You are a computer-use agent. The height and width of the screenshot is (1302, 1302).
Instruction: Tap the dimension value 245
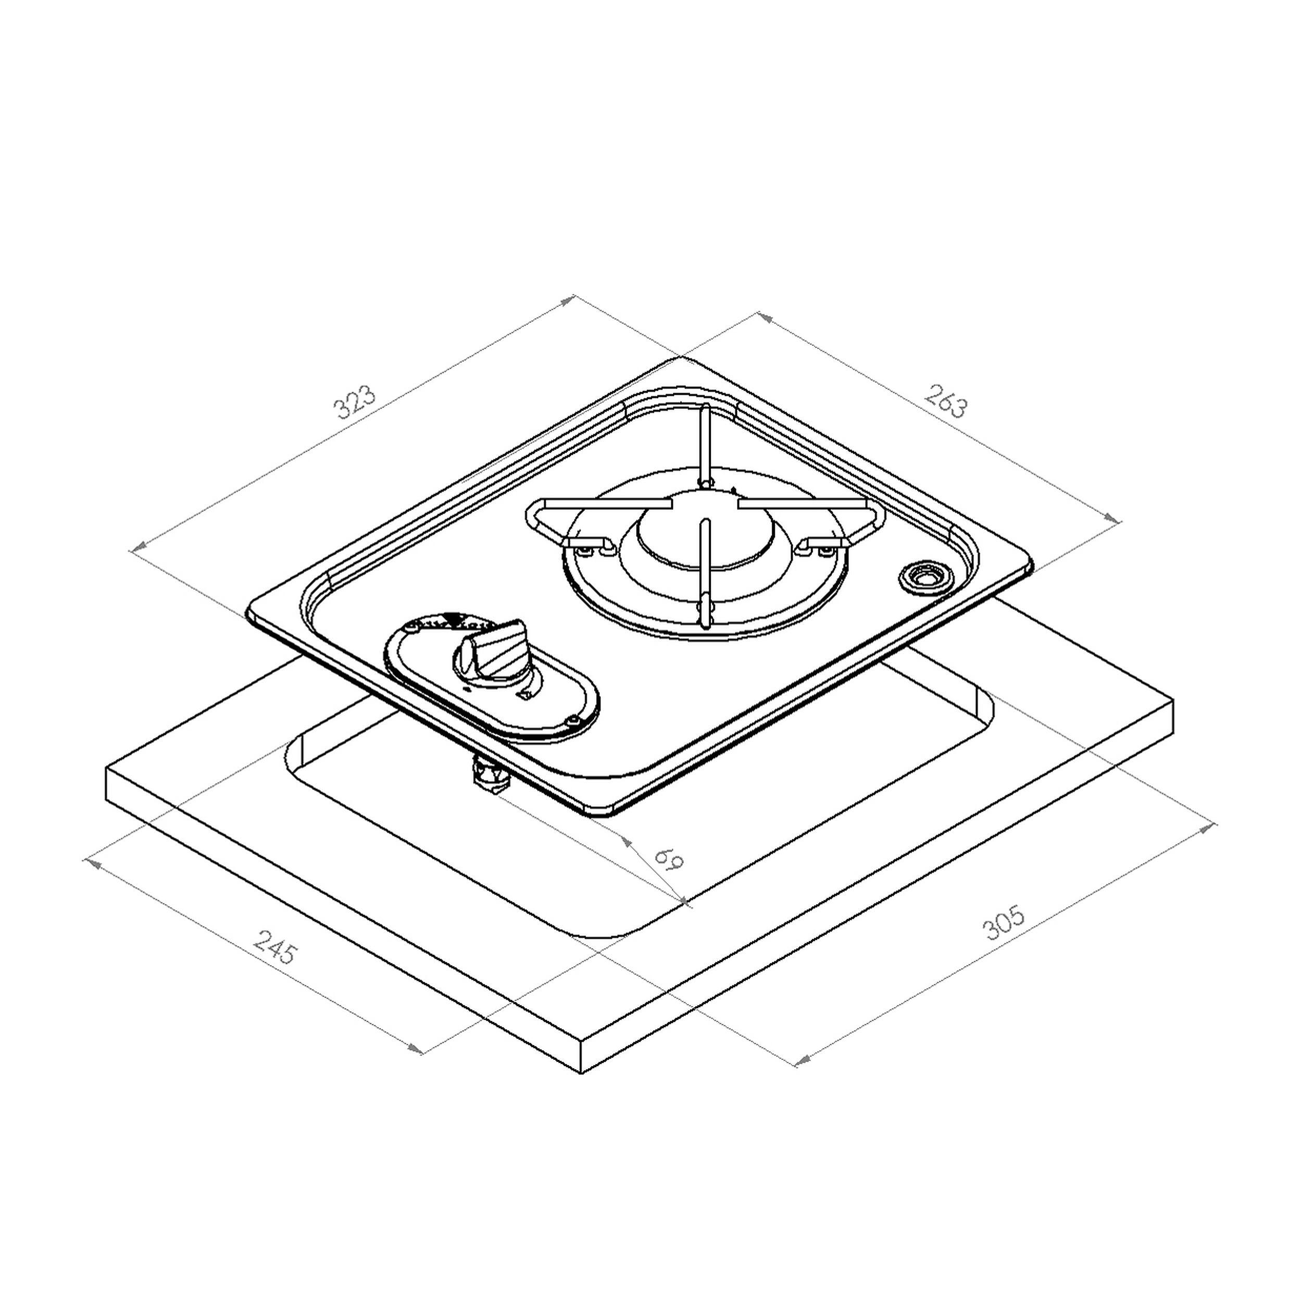[274, 946]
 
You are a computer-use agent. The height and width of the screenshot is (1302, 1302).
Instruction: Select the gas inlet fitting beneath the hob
[490, 775]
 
